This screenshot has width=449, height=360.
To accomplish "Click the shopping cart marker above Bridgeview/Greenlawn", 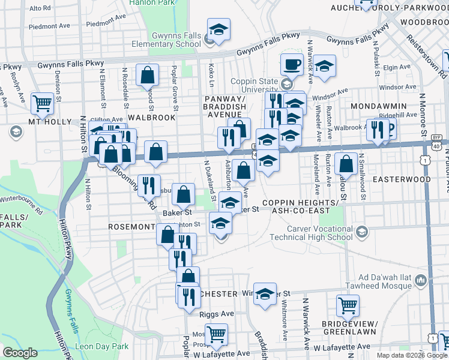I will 348,305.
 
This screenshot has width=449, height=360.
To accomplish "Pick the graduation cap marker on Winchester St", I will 264,294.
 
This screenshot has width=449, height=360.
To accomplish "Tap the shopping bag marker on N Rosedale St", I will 147,75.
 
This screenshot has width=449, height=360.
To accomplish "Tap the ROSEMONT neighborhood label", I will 131,227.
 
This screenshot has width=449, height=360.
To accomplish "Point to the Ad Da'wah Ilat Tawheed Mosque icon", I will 420,280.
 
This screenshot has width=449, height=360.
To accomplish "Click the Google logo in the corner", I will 20,353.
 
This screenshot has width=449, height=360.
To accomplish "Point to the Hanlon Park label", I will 145,3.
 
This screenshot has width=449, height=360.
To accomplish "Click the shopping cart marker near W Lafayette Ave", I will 216,333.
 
